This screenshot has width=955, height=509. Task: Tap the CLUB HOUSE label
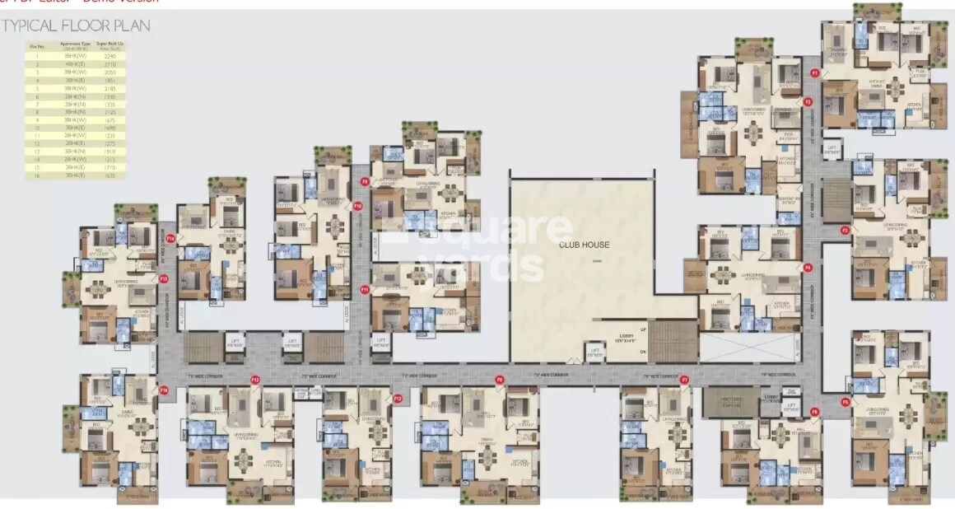coord(584,245)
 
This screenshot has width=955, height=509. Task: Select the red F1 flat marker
coord(814,73)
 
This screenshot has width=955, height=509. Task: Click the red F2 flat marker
coord(808,102)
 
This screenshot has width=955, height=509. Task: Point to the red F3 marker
coord(844,231)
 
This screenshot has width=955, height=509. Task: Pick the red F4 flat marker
coord(808,268)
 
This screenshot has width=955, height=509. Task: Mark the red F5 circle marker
coord(845,402)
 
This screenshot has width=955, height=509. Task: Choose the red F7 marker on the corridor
coord(683,379)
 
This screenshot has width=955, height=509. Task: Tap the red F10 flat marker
coord(357,206)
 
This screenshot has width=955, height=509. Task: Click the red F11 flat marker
coord(364,290)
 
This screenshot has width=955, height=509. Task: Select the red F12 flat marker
coord(397,399)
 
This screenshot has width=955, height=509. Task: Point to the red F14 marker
coord(170,238)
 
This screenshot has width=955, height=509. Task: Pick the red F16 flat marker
coord(164,390)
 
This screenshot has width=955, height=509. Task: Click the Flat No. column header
coord(36,46)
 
